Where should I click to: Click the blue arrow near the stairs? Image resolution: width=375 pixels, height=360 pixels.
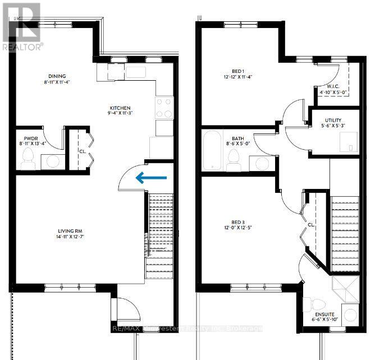tap(151, 177)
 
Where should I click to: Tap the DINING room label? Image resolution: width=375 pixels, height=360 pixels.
tap(57, 76)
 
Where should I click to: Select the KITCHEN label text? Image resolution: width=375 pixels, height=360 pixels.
tap(120, 108)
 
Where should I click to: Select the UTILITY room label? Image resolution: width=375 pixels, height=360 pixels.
tap(334, 120)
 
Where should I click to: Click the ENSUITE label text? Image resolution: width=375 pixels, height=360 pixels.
tap(325, 315)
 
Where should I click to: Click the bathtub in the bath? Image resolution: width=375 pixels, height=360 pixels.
tap(213, 151)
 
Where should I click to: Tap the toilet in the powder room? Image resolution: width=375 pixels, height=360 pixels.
tap(28, 161)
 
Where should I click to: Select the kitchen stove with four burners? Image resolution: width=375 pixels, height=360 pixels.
tap(163, 108)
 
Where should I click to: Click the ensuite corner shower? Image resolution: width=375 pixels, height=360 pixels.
tap(344, 290)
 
